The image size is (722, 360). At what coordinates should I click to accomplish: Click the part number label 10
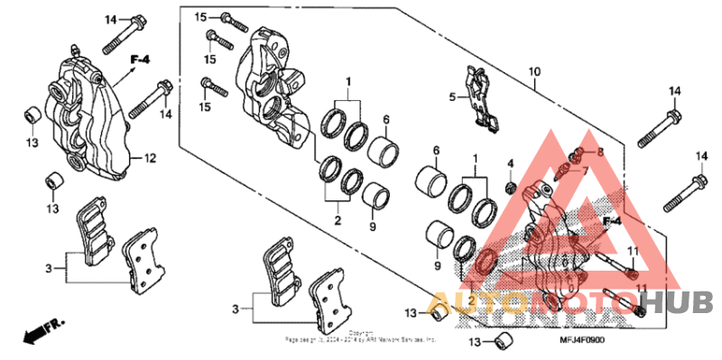pos(534,71)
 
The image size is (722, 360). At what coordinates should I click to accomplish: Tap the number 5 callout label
pos(453,96)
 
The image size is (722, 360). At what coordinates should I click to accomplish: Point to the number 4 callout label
pos(509,163)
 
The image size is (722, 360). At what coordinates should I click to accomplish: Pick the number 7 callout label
pos(583,171)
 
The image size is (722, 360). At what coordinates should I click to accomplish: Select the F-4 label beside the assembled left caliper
pos(139,60)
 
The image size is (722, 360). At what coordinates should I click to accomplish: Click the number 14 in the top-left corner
pos(111,19)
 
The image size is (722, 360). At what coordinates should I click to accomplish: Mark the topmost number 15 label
pos(200,16)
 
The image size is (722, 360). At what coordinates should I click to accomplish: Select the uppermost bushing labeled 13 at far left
pos(30,115)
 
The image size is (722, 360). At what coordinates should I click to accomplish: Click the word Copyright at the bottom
pos(362,332)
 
